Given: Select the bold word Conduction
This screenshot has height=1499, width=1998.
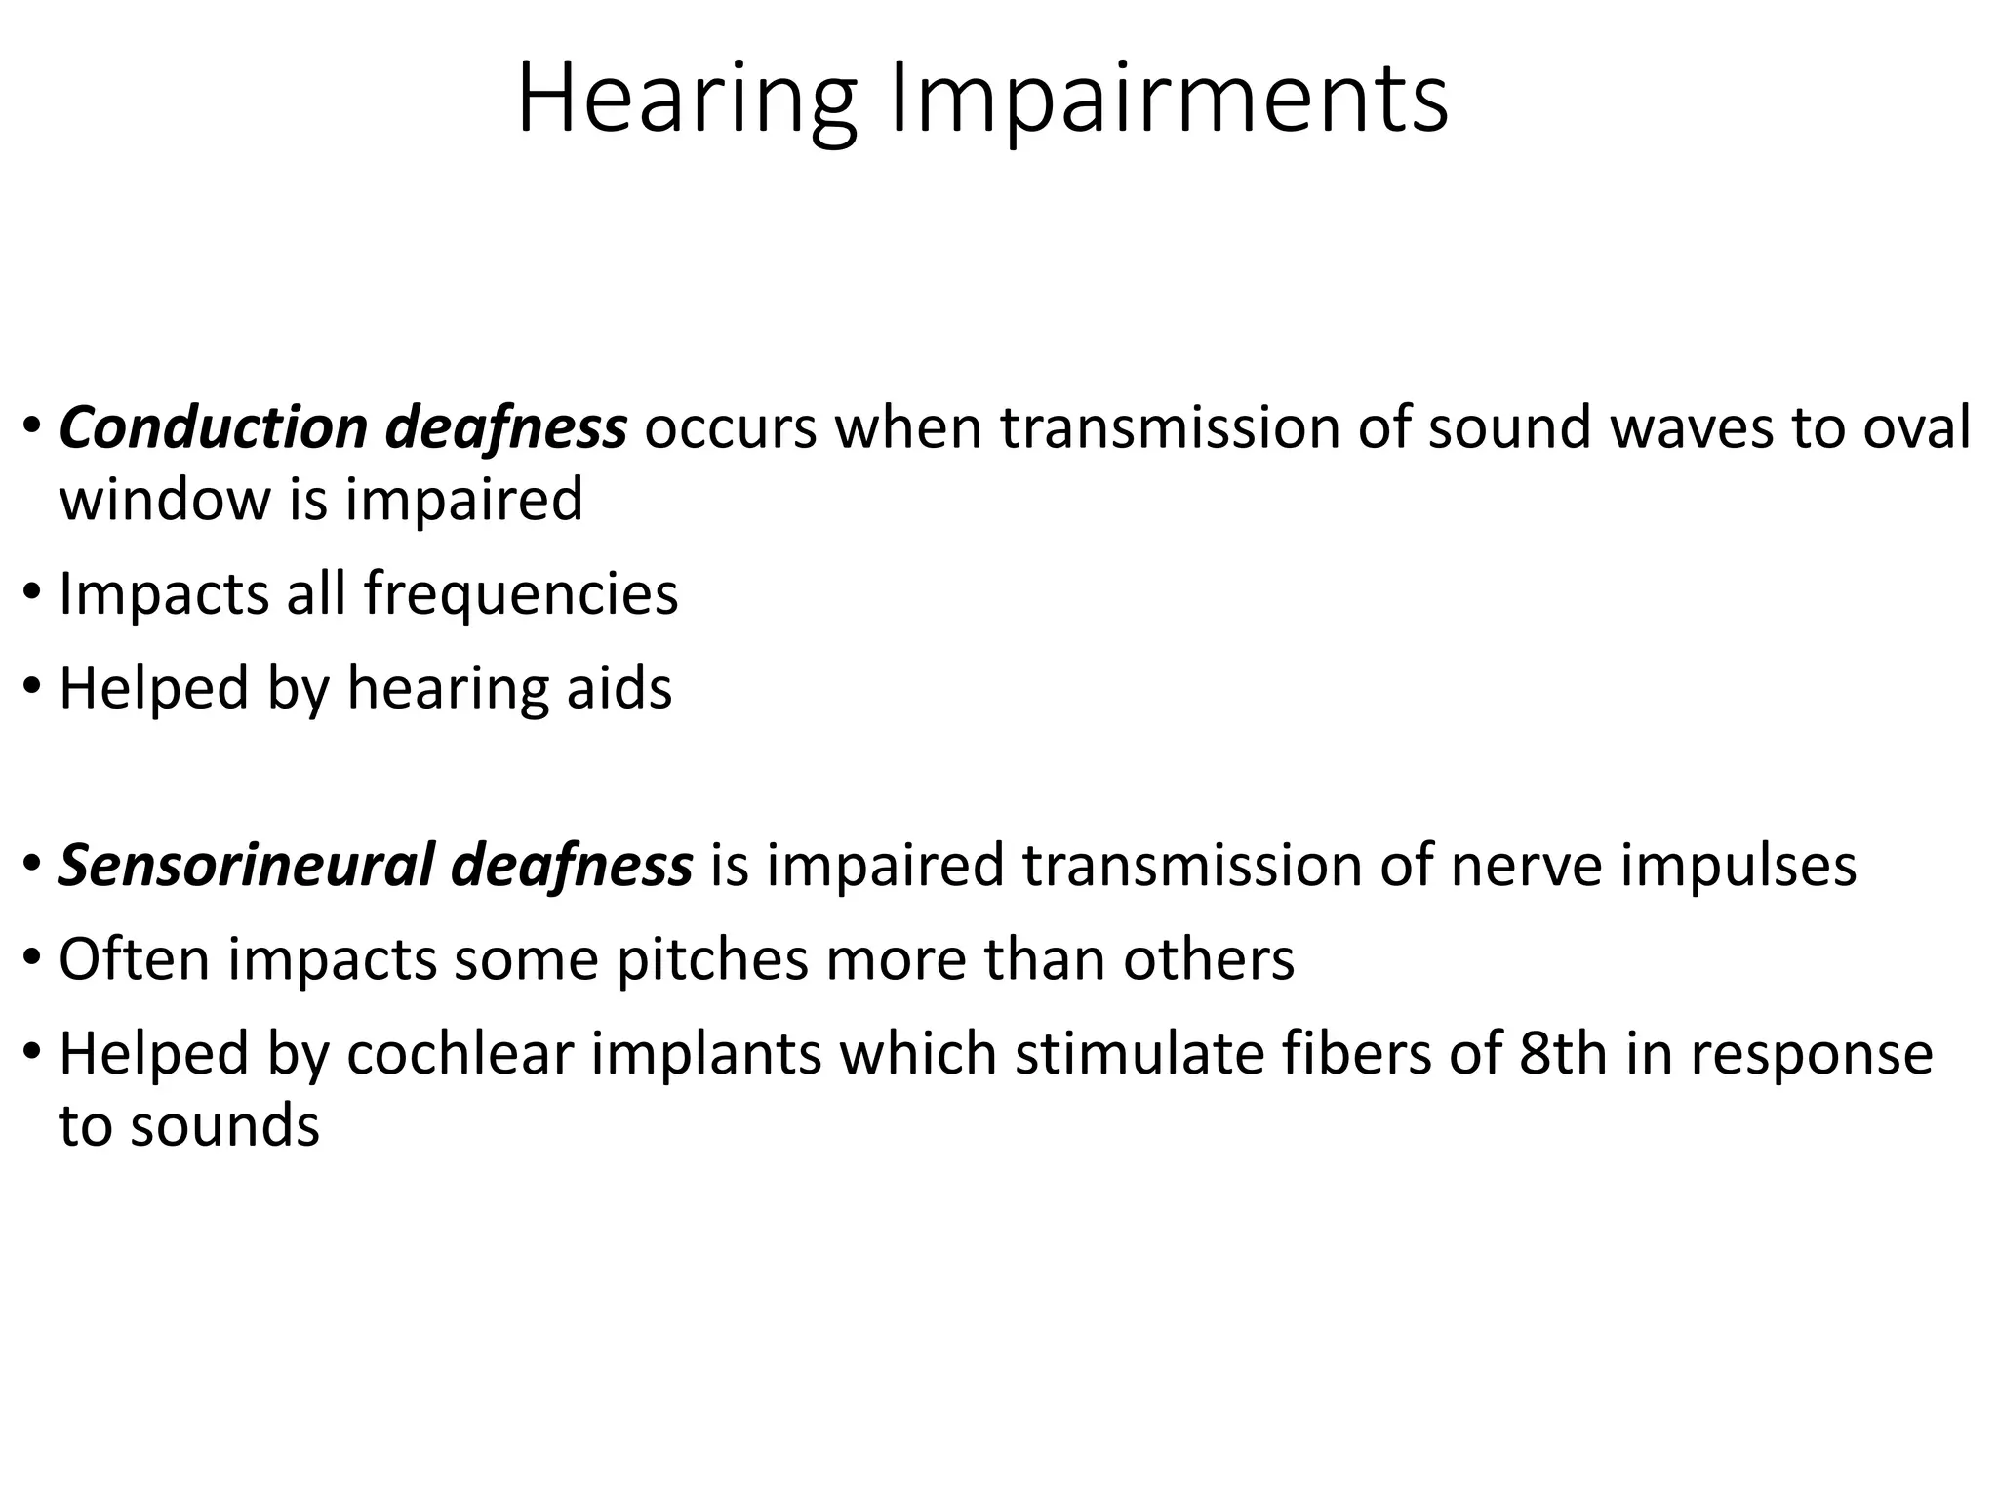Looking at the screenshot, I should (x=214, y=428).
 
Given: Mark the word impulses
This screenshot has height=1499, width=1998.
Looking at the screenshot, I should (x=1738, y=866).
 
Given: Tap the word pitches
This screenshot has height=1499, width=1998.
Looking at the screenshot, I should (x=712, y=959).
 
